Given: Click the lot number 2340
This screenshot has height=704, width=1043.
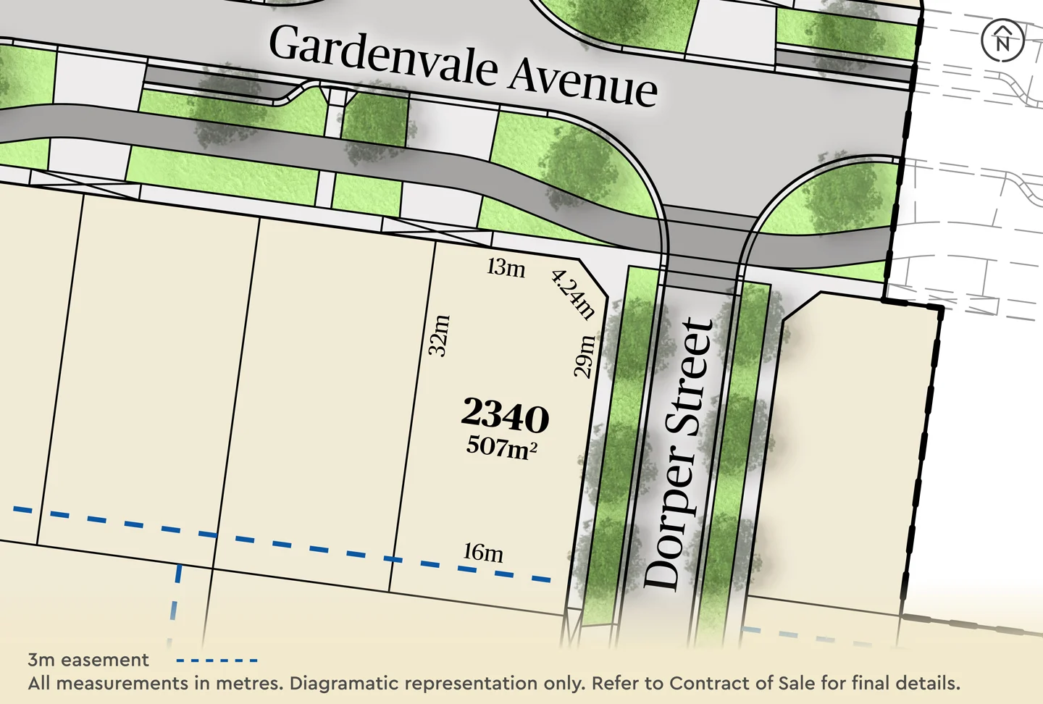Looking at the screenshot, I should tap(505, 416).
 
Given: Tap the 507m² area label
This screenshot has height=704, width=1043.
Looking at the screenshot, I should tap(501, 447).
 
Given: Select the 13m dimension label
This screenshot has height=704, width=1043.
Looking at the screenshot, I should tap(506, 267).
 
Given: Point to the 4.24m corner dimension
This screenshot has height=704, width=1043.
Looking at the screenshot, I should tap(573, 294).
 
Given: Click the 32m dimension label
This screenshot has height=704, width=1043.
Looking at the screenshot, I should tap(439, 335).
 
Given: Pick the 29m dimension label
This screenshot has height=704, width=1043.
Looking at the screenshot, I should tap(584, 356).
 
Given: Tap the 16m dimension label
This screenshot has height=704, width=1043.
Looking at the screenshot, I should tap(483, 553).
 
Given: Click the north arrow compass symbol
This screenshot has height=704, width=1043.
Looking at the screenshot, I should tap(1002, 40).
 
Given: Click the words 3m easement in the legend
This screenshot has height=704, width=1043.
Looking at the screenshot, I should tap(88, 660).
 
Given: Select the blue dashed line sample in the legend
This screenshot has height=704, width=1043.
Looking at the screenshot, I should tap(217, 661).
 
